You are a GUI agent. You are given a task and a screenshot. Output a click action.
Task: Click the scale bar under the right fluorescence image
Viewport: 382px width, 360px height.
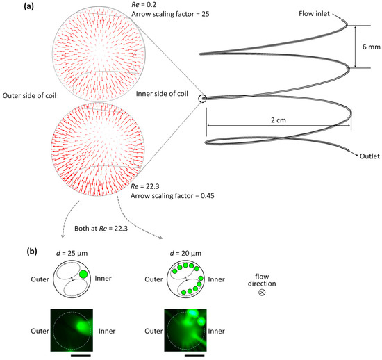(194, 353)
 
